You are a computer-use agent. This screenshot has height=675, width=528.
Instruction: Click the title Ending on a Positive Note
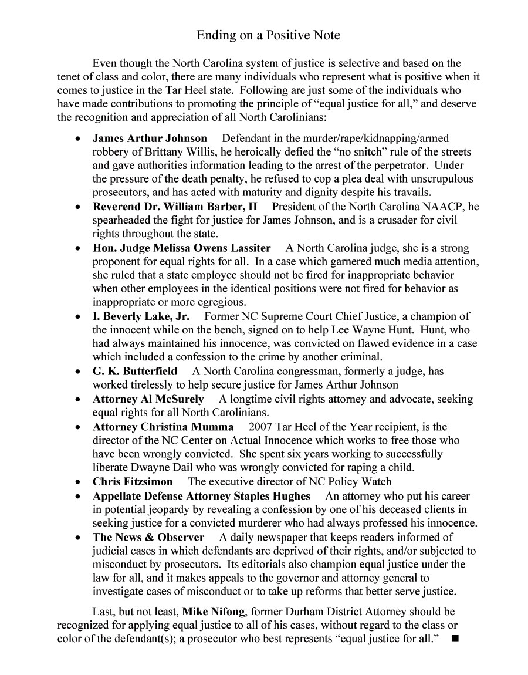click(x=268, y=35)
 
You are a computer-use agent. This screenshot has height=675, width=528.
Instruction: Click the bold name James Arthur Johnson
click(x=150, y=139)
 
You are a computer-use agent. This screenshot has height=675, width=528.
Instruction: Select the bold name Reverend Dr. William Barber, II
click(x=175, y=207)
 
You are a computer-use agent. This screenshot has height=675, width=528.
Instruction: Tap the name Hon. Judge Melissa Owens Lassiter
click(x=182, y=248)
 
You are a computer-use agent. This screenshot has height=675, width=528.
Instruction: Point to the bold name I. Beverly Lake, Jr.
click(x=141, y=316)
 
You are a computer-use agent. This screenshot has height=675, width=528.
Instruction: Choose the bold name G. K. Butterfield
click(x=135, y=372)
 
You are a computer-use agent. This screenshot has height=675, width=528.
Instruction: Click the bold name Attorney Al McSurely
click(x=148, y=399)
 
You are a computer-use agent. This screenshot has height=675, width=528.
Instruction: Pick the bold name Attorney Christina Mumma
click(x=163, y=427)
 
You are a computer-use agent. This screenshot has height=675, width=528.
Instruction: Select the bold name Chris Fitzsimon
click(x=133, y=482)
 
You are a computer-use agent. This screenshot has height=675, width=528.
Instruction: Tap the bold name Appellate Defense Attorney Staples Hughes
click(x=201, y=496)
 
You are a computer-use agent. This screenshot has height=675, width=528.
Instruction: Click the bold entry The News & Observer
click(x=148, y=537)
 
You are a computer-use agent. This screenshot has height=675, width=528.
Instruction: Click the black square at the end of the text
click(x=455, y=638)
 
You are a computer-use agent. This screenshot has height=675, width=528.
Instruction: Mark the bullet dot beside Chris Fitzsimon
click(x=78, y=482)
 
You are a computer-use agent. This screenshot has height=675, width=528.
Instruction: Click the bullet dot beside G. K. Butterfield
click(x=78, y=372)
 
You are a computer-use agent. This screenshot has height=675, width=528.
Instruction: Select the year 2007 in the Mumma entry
click(x=260, y=427)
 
